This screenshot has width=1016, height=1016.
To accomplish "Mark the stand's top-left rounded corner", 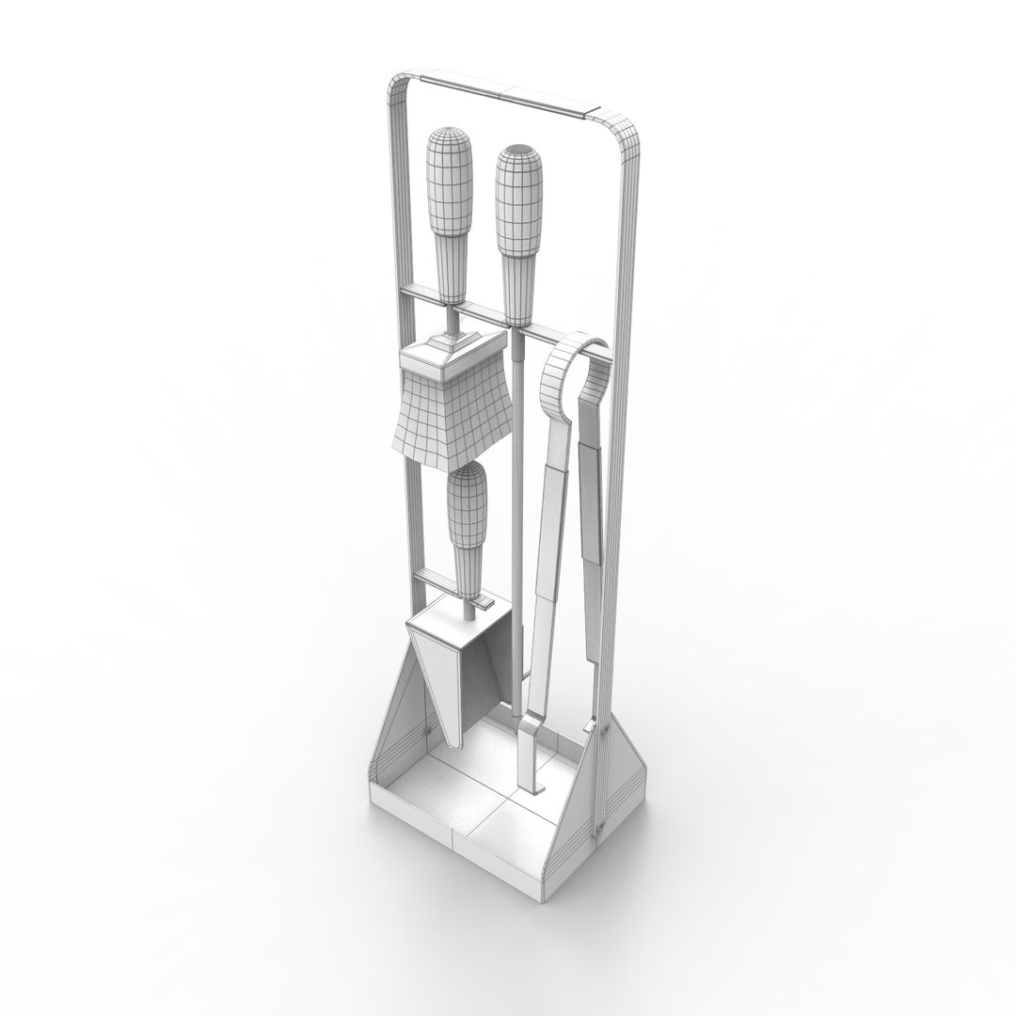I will pos(395,89).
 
